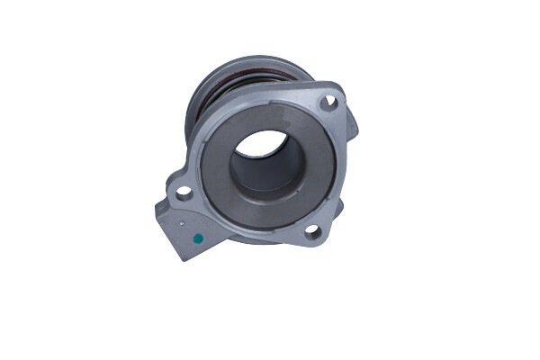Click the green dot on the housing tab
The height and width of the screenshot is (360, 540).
tap(197, 238)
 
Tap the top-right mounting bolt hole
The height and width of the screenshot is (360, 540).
tap(328, 103)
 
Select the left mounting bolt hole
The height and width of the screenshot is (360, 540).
tap(183, 192)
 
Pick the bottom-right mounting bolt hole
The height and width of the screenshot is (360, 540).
tap(311, 231)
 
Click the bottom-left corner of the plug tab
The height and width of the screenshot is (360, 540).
tap(181, 257)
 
